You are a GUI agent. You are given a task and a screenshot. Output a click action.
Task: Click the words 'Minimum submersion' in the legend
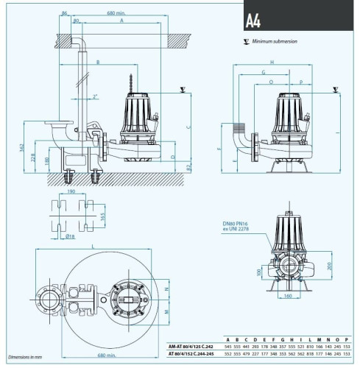275,42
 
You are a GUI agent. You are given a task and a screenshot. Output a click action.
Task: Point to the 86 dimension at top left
66,13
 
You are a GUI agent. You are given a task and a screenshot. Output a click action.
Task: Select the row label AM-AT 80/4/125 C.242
195,345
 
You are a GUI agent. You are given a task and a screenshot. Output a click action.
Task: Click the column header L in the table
309,338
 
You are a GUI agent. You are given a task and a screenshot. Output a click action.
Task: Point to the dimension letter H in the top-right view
272,63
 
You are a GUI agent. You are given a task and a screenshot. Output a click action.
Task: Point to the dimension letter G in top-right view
263,72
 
